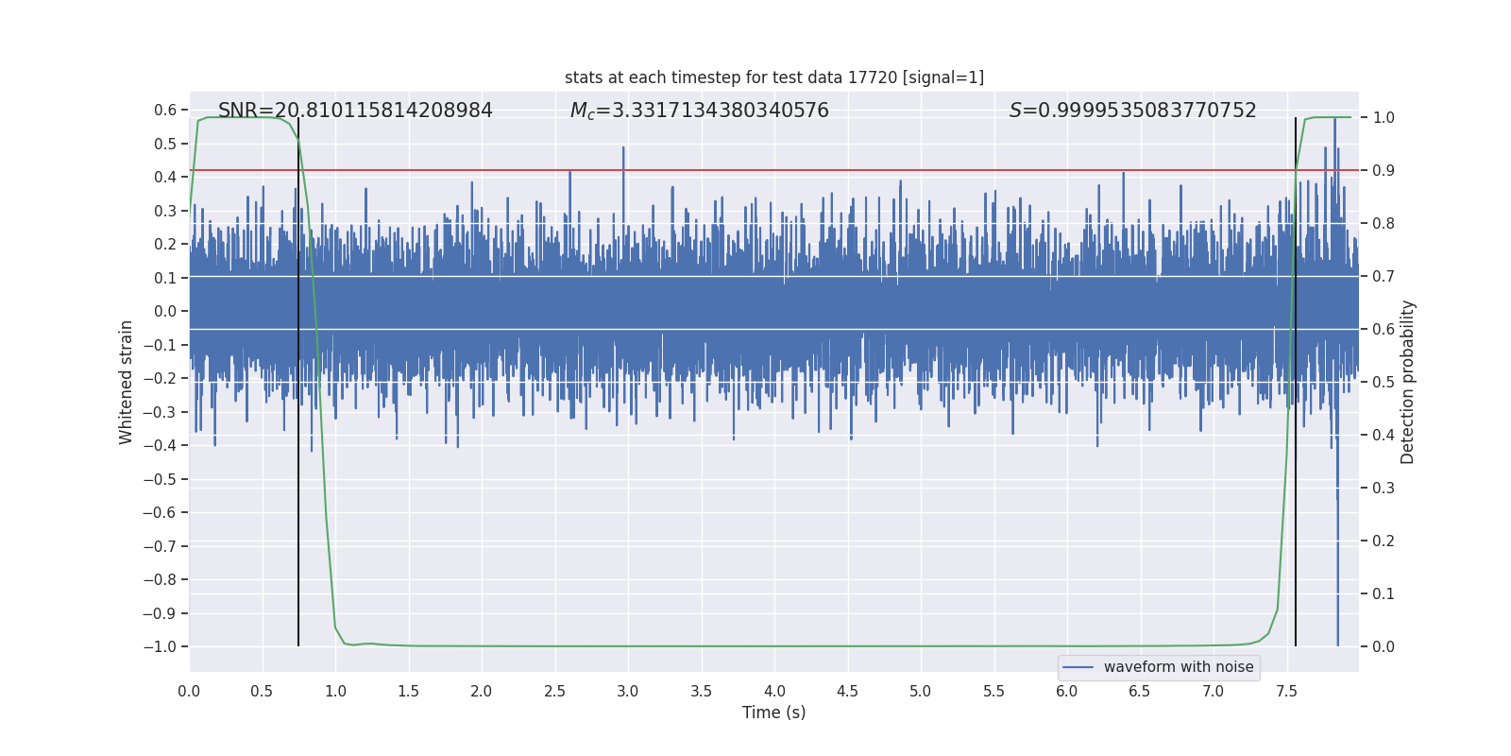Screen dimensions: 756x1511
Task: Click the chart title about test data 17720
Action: coord(774,77)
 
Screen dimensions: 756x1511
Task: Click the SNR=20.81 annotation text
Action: coord(355,111)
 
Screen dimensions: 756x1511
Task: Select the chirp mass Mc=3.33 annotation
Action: coord(699,111)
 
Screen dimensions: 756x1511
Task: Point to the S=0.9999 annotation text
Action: coord(1132,111)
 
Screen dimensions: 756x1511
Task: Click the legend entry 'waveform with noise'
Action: coord(1178,667)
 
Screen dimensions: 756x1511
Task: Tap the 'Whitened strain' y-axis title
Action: coord(127,382)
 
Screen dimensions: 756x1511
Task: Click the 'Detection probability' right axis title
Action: coord(1408,382)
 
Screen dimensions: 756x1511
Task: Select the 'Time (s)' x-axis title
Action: coord(774,713)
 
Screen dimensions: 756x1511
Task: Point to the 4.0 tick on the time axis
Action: coord(774,691)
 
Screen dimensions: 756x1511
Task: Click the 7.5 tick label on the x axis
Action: coord(1286,691)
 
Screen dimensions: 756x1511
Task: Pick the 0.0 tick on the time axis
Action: coord(189,691)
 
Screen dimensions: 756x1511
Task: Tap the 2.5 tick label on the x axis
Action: coord(554,691)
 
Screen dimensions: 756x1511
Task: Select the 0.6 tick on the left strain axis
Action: coord(165,110)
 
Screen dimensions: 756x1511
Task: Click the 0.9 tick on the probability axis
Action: coord(1384,170)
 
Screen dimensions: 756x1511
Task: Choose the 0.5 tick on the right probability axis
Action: coord(1384,382)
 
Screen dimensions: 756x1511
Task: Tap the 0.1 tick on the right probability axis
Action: coord(1384,593)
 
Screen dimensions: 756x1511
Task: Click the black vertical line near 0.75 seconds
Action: coord(298,472)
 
